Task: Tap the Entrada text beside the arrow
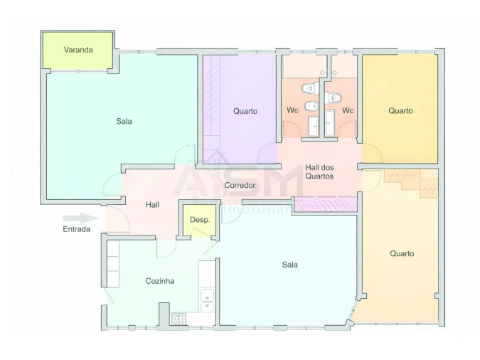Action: (x=77, y=230)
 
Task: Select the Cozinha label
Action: (x=160, y=281)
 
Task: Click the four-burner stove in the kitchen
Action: (x=178, y=319)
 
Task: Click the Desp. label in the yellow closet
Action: (x=200, y=220)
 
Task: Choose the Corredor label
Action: (x=240, y=185)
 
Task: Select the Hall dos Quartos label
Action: (x=319, y=171)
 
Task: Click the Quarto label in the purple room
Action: (x=245, y=111)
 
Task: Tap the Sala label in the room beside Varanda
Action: (x=124, y=121)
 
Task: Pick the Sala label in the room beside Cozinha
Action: (x=289, y=265)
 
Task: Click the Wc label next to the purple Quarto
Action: (x=292, y=111)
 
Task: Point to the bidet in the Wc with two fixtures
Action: (x=310, y=107)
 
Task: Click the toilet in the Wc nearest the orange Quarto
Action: (x=335, y=97)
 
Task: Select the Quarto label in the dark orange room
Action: (x=400, y=111)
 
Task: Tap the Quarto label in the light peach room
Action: (x=402, y=253)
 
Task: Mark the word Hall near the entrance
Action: (x=152, y=205)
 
